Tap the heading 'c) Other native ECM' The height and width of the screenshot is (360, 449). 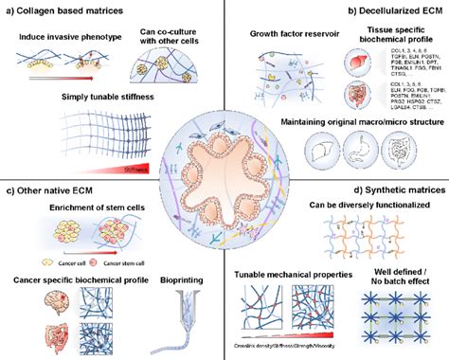(x=59, y=196)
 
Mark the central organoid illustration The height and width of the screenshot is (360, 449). (x=224, y=180)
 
